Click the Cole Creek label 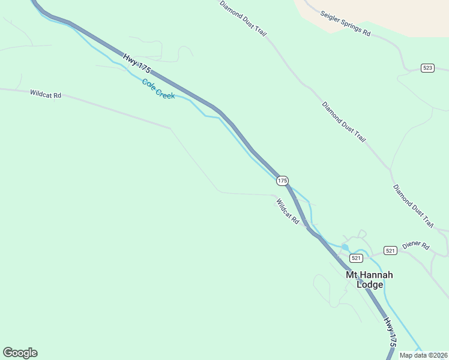(158, 89)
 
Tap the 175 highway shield (283, 180)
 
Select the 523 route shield (427, 68)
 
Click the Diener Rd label (416, 246)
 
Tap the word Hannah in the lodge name (377, 275)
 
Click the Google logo (20, 353)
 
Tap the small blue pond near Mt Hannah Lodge (345, 247)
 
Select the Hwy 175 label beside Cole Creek (137, 64)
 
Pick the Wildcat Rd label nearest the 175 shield (288, 212)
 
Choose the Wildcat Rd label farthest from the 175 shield (46, 94)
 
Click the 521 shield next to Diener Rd (390, 250)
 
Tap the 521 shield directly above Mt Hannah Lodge (357, 258)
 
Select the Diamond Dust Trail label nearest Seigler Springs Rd (242, 17)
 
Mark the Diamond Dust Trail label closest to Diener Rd (413, 206)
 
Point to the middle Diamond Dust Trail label (343, 122)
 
